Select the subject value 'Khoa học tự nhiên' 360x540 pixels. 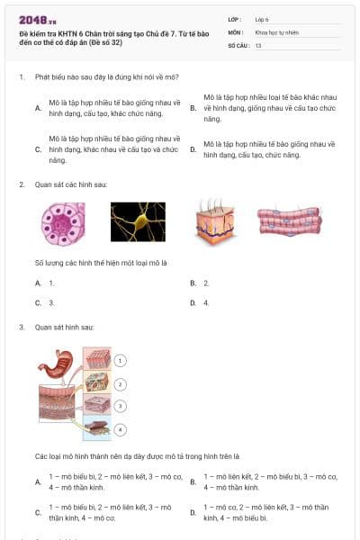(x=275, y=31)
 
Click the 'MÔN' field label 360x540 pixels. (x=235, y=31)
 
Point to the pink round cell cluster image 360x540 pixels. (x=63, y=222)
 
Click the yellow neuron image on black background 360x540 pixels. (x=138, y=222)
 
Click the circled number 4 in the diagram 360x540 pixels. (x=121, y=429)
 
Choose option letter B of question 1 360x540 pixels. (x=193, y=107)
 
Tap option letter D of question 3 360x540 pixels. (x=193, y=514)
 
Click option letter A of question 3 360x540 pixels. (x=38, y=481)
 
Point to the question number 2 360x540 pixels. (x=21, y=184)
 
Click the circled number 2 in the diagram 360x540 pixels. (x=121, y=383)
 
